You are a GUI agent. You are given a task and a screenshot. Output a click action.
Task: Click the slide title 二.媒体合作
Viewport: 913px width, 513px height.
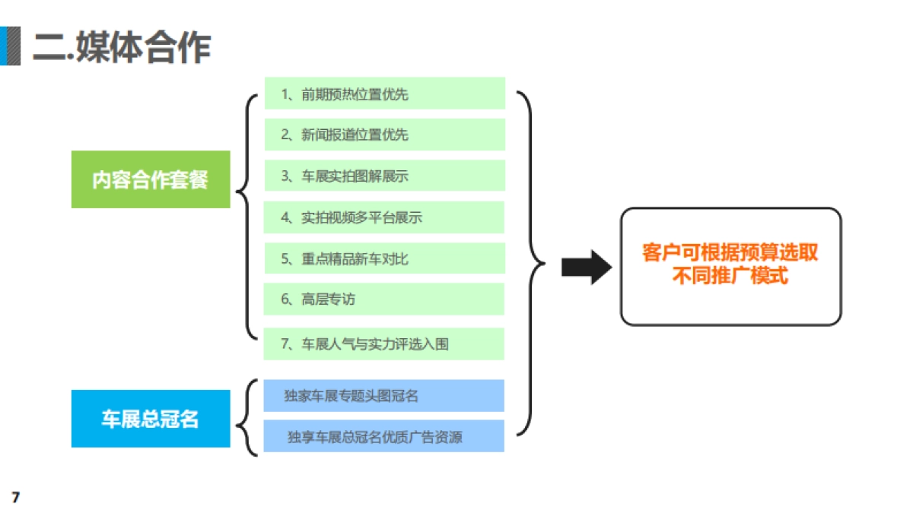tap(122, 47)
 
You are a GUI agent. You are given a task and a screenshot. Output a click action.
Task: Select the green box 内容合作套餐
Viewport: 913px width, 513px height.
tap(151, 179)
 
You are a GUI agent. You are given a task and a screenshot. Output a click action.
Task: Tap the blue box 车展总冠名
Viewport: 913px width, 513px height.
tap(151, 419)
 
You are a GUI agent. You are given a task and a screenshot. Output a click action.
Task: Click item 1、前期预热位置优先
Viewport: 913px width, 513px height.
tap(384, 93)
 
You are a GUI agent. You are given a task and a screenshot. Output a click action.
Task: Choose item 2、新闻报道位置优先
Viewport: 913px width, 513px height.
tap(384, 135)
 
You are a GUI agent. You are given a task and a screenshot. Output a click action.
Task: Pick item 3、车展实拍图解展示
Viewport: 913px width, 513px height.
tap(384, 176)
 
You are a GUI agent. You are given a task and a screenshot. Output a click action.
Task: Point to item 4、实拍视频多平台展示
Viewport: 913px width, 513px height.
tap(384, 217)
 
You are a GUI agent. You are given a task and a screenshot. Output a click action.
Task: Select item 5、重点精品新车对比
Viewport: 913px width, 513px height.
tap(384, 258)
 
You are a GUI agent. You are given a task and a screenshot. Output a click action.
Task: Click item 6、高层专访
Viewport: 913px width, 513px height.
tap(384, 299)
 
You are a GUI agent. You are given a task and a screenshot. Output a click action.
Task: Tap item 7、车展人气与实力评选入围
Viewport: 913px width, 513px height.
tap(384, 344)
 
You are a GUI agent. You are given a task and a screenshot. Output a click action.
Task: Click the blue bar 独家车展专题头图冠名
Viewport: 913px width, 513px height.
tap(384, 395)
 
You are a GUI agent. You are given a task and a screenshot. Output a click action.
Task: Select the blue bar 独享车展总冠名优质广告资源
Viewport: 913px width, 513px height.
tap(384, 436)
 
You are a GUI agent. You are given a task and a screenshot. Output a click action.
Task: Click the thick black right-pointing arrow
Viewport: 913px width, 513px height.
tap(587, 267)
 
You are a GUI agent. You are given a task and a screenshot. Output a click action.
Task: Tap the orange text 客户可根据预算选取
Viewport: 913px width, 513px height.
tap(730, 253)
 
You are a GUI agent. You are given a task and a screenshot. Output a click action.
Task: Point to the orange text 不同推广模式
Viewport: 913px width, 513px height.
tap(730, 276)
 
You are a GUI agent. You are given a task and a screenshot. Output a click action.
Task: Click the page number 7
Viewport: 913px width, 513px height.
tap(14, 498)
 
